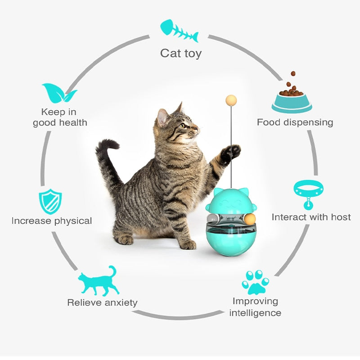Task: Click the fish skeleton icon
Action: pos(179,31)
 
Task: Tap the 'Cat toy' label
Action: pos(181,54)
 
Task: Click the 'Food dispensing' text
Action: pos(295,122)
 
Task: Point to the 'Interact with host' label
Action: pos(311,217)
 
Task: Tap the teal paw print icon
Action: pos(255,282)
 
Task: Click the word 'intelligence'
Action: pos(255,313)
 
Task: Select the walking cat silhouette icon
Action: pos(99,281)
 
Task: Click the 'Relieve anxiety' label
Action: pos(103,302)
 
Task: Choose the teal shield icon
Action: pos(50,202)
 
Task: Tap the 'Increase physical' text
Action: pos(52,221)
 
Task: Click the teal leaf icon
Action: pos(59,93)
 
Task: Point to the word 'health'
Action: pos(73,122)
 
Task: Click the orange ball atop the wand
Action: pos(231,100)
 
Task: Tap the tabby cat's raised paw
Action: pos(231,154)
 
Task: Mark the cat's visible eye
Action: pos(183,126)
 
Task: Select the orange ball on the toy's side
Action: pos(250,219)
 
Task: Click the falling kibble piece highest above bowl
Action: pos(293,74)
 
